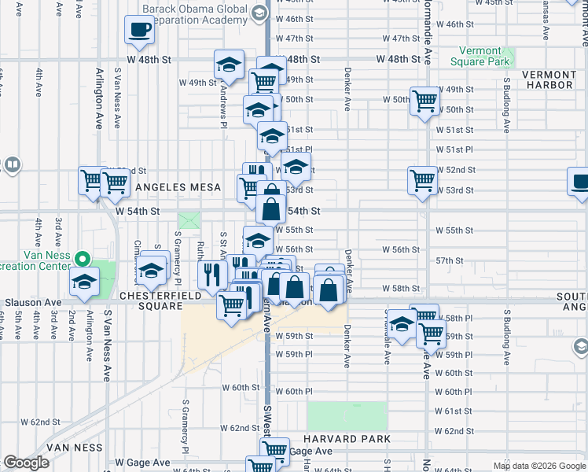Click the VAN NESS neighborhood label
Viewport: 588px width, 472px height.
(75, 447)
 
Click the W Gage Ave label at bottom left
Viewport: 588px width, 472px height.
(142, 463)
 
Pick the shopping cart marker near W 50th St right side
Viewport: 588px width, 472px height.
(424, 100)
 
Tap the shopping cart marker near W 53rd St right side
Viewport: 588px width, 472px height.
(422, 180)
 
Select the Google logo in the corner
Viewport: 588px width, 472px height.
(26, 463)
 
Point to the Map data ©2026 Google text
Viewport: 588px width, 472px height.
(539, 466)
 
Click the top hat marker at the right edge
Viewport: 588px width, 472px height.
(580, 182)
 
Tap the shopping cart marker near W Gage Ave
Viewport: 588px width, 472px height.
(274, 450)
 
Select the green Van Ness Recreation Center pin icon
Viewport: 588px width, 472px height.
(80, 257)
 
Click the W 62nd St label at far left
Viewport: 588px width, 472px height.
(35, 422)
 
